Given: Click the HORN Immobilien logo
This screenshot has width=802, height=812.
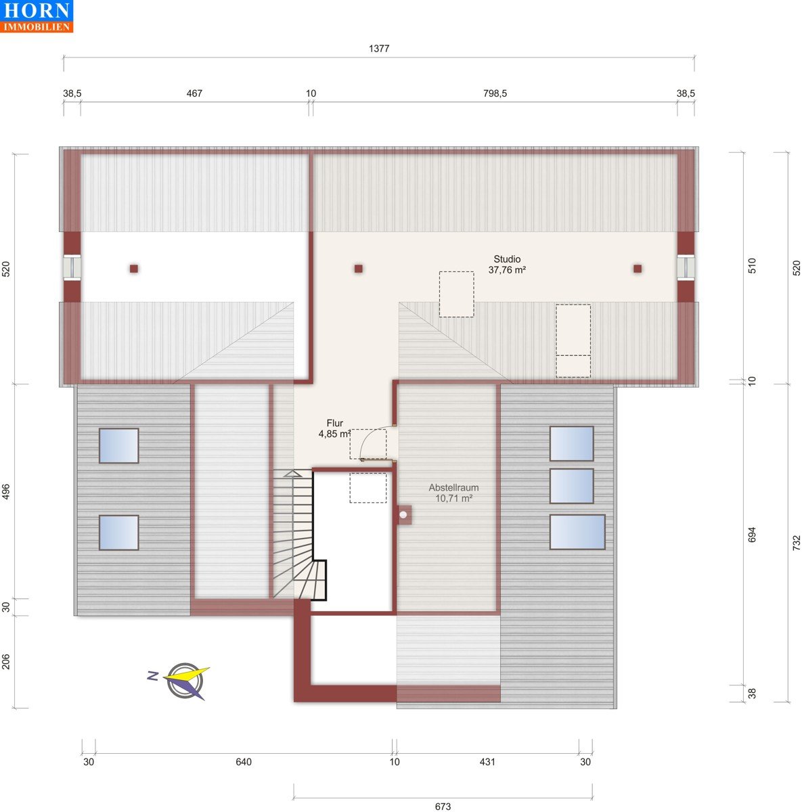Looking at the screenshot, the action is pyautogui.click(x=37, y=16).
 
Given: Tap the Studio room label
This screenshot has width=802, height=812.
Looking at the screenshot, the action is pyautogui.click(x=507, y=265).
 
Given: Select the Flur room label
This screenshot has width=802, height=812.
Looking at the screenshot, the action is pyautogui.click(x=335, y=428).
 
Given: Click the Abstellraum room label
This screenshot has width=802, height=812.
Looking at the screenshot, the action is pyautogui.click(x=453, y=493).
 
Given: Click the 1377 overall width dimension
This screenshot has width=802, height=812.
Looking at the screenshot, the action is pyautogui.click(x=379, y=49).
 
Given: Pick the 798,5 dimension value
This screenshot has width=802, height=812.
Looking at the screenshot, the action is pyautogui.click(x=495, y=93).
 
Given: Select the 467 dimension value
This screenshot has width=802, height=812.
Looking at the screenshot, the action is pyautogui.click(x=194, y=93).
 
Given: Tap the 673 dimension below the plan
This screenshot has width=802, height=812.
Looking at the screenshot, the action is pyautogui.click(x=443, y=807).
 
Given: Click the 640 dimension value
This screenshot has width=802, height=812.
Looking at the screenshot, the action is pyautogui.click(x=244, y=762).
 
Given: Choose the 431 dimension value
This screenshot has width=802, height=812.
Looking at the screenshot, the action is pyautogui.click(x=487, y=762).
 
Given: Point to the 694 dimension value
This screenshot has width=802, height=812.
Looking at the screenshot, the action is pyautogui.click(x=752, y=535).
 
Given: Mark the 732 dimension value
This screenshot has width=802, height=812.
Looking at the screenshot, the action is pyautogui.click(x=797, y=543).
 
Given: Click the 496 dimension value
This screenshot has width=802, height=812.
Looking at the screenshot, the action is pyautogui.click(x=6, y=492).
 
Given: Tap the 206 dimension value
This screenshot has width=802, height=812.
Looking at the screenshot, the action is pyautogui.click(x=6, y=662).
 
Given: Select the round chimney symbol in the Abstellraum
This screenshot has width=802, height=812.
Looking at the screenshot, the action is pyautogui.click(x=403, y=515).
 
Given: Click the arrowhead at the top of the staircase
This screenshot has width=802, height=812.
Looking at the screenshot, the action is pyautogui.click(x=292, y=474).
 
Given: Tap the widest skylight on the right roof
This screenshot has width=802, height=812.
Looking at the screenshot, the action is pyautogui.click(x=577, y=532).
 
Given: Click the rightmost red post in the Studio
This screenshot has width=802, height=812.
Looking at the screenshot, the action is pyautogui.click(x=638, y=269).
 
